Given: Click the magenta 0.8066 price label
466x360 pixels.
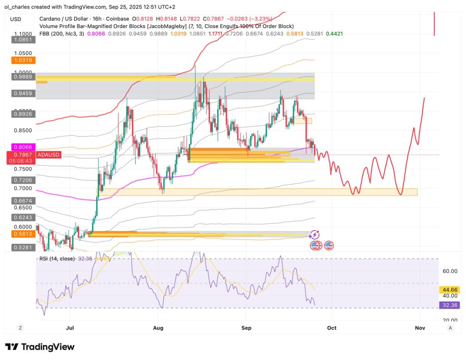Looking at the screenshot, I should point(21,147).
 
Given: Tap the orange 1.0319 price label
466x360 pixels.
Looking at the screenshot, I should point(21,60).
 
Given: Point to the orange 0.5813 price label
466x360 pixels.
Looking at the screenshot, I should point(21,234).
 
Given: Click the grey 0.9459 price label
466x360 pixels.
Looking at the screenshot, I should point(21,94).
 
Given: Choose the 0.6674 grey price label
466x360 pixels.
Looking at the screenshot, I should point(21,200).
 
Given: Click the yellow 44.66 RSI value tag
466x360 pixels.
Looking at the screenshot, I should point(450,289).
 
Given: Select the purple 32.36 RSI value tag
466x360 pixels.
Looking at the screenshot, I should point(450,305).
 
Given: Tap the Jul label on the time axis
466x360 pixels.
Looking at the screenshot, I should point(70,327).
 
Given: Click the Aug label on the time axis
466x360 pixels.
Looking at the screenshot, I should point(158,327).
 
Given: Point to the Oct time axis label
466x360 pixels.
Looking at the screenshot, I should point(332,327).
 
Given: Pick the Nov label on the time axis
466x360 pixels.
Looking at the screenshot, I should point(420,327).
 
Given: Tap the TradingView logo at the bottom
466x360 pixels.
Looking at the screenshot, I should point(40,347).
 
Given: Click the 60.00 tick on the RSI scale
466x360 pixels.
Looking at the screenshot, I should point(450,271).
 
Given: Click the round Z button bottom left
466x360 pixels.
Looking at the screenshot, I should point(20,327).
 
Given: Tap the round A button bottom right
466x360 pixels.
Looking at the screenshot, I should point(450,327).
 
